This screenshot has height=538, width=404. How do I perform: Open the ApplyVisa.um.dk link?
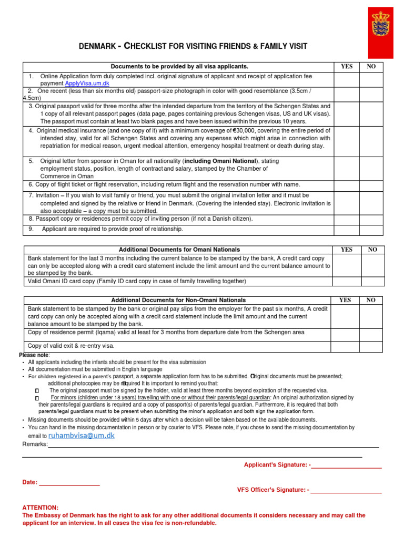pyautogui.click(x=87, y=84)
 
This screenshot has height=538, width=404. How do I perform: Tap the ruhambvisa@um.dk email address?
pyautogui.click(x=81, y=436)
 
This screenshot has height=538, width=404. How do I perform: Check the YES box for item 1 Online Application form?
pyautogui.click(x=347, y=80)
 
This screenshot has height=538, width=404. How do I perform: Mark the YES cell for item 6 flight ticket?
pyautogui.click(x=347, y=185)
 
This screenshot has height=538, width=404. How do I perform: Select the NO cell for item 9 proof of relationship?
pyautogui.click(x=371, y=229)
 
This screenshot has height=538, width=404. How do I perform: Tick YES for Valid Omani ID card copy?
pyautogui.click(x=347, y=281)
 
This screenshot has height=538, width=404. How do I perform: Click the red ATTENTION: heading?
pyautogui.click(x=41, y=508)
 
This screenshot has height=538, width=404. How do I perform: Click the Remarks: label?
pyautogui.click(x=35, y=444)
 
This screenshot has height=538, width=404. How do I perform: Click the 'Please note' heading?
pyautogui.click(x=34, y=356)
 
